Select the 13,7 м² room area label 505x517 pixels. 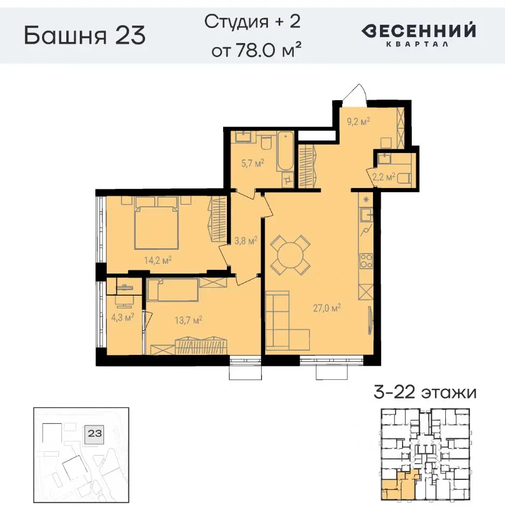pos(188,320)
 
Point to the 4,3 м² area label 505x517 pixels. pos(121,318)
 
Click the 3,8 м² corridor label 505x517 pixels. pos(244,241)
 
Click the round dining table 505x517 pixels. pos(290,255)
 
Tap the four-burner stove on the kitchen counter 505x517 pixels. pos(366,262)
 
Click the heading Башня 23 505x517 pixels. pos(85,35)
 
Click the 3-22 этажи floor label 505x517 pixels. pos(425,392)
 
